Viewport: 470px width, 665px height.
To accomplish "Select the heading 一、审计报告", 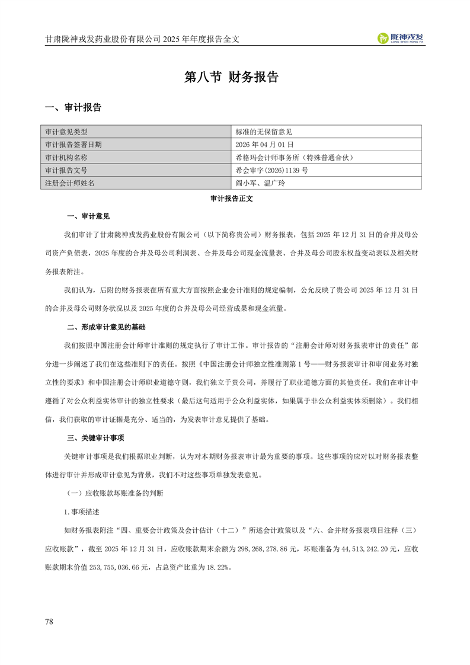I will (74, 107).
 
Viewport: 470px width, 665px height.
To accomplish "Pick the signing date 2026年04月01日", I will (264, 144).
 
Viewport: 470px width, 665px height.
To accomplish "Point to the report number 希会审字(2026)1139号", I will (271, 170).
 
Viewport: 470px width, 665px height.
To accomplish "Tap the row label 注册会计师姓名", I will (70, 183).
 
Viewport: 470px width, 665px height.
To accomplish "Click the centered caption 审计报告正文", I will (232, 199).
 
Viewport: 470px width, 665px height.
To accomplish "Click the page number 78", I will (49, 621).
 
